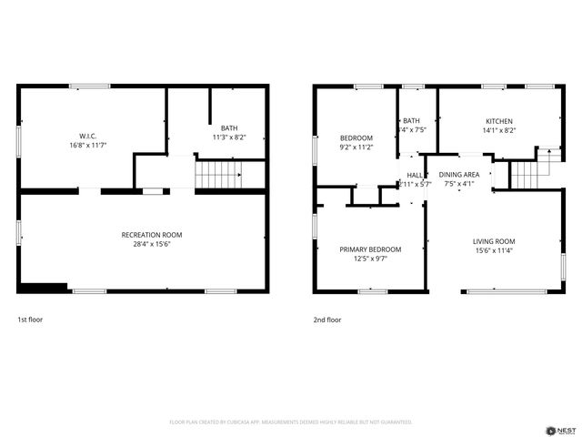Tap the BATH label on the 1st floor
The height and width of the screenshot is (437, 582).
[229, 127]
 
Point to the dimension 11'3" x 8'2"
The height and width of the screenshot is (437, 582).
[229, 137]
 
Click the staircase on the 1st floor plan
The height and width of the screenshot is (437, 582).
[218, 172]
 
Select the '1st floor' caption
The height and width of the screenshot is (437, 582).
[30, 320]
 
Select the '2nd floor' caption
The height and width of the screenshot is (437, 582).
[327, 320]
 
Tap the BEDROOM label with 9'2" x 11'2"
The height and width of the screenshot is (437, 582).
[356, 137]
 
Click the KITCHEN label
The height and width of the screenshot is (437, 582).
[498, 121]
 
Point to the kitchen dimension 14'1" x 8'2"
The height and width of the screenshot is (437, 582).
[498, 131]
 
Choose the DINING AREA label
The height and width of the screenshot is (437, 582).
[459, 174]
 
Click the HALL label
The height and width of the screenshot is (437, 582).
[415, 174]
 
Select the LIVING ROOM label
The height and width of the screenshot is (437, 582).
[494, 241]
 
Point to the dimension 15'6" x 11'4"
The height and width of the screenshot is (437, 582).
[494, 251]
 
